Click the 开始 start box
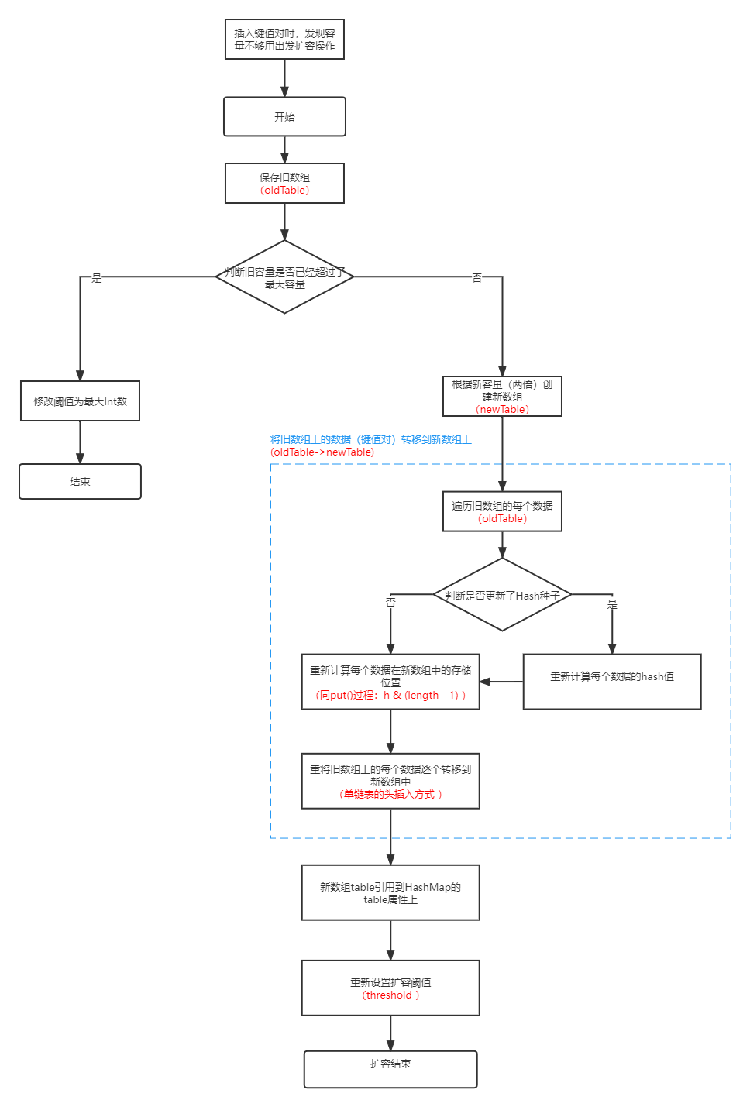284,117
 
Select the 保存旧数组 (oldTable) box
284,184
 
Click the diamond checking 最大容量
284,277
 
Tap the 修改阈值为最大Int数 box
80,401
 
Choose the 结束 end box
80,482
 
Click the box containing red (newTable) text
502,397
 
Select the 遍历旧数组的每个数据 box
502,512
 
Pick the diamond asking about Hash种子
502,595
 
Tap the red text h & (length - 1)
424,696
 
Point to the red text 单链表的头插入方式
390,795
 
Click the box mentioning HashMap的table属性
390,893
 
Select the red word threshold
390,995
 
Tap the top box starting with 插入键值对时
284,40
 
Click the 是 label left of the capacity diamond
97,277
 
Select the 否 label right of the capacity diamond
477,277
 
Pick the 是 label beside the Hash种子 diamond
612,604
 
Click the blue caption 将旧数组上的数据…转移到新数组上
370,440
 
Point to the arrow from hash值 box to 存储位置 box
501,682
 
